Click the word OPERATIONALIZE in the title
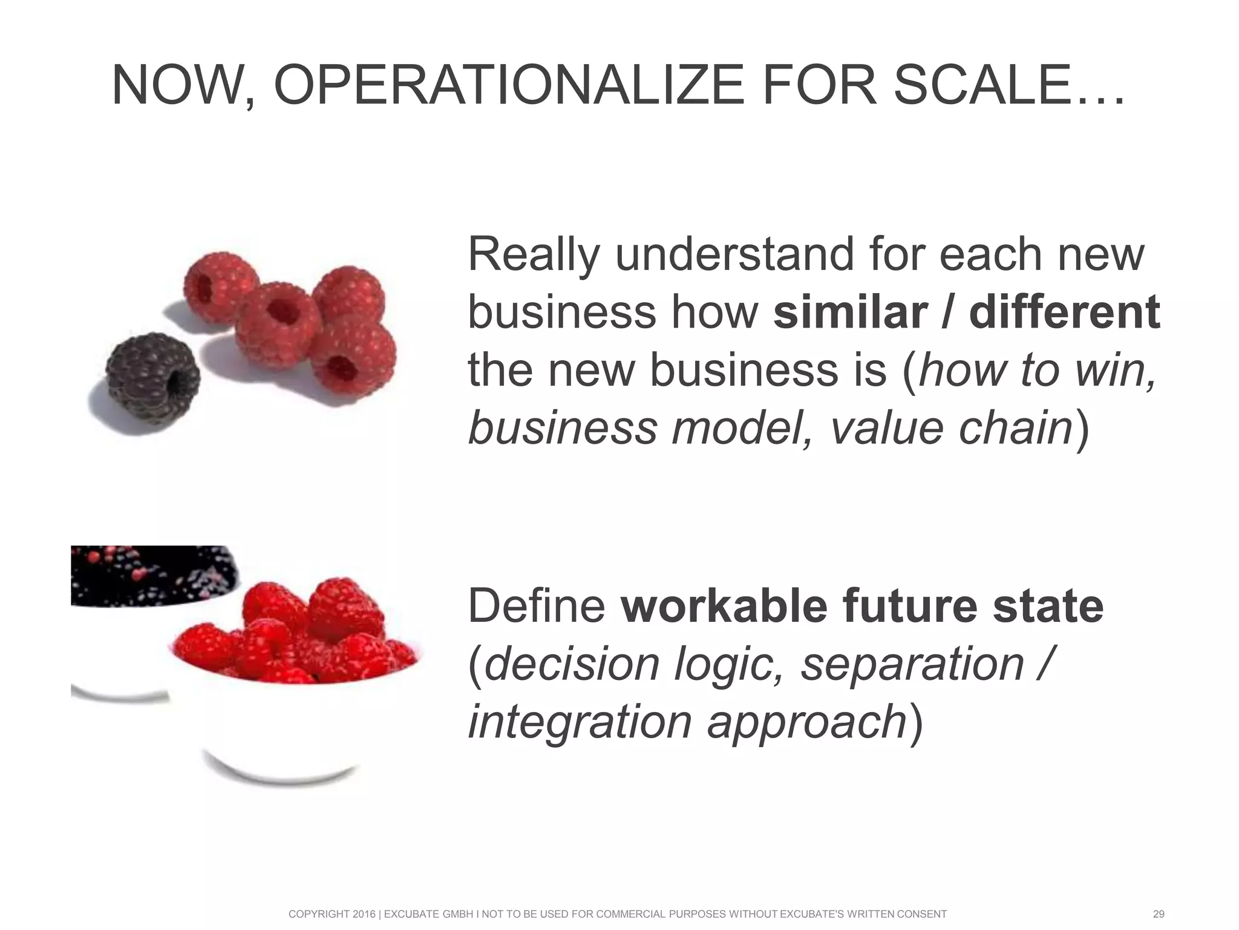[x=508, y=87]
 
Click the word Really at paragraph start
[x=533, y=256]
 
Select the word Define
[x=536, y=606]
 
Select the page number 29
[x=1159, y=914]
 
